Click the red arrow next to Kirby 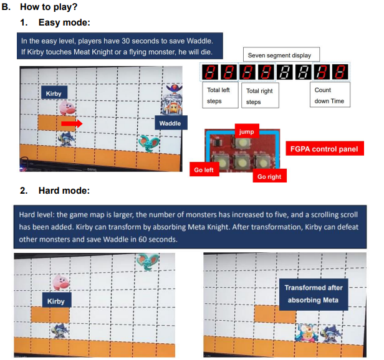tap(72, 123)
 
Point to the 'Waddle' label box tap(170, 123)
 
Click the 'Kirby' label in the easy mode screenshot tap(55, 93)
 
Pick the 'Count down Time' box tap(330, 95)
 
